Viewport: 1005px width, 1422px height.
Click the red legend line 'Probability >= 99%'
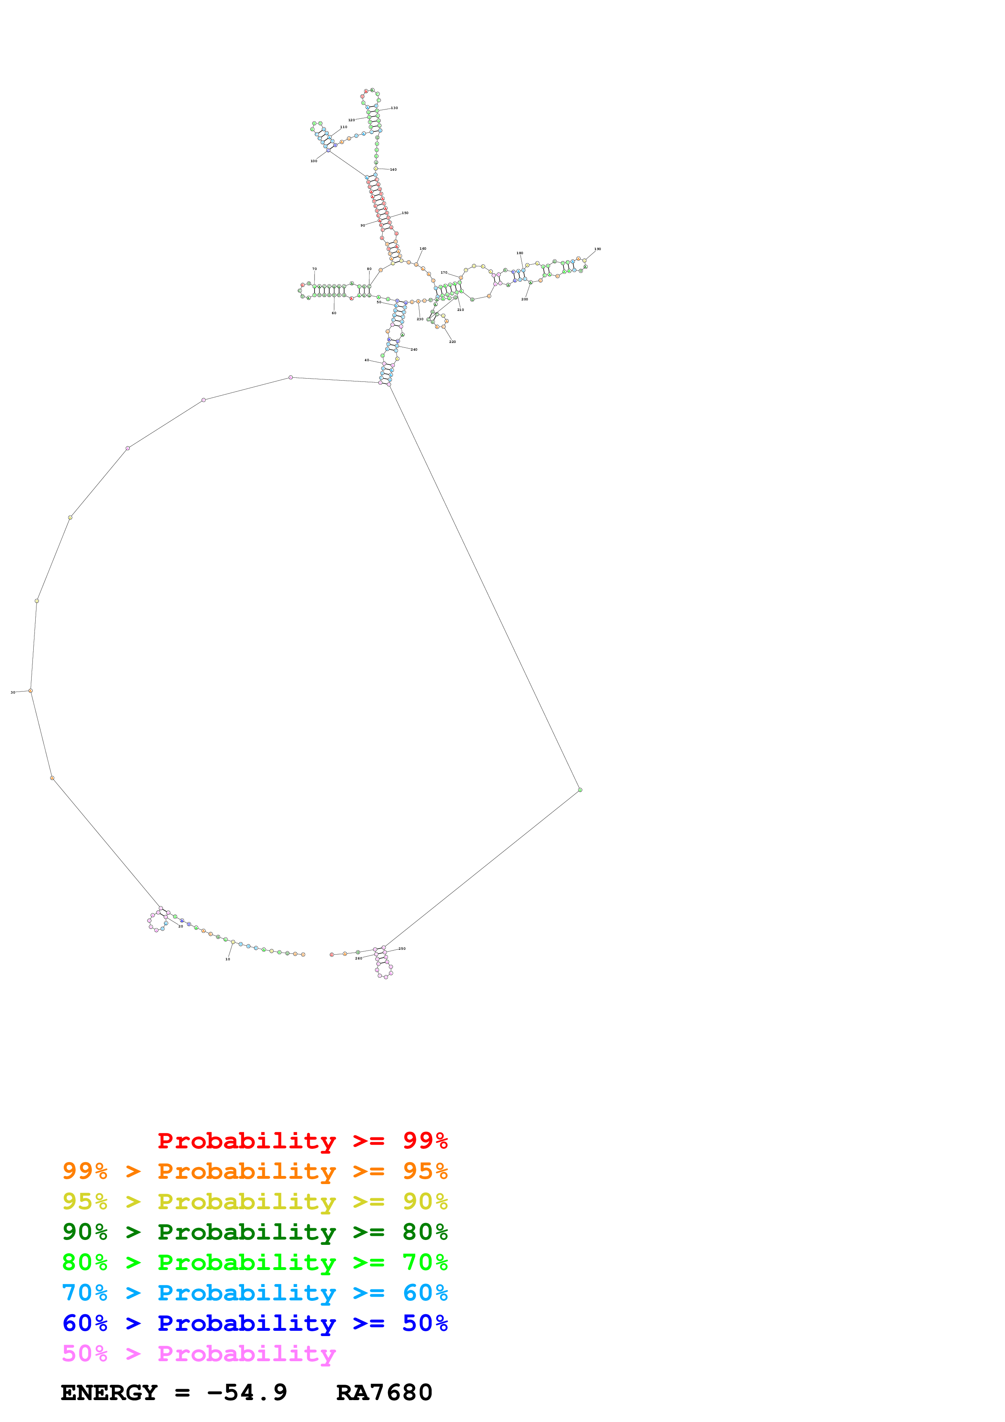point(302,1141)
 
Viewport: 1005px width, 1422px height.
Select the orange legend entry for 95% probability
point(255,1171)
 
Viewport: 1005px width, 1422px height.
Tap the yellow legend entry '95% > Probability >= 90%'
point(255,1201)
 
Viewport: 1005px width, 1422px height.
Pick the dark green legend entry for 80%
point(255,1232)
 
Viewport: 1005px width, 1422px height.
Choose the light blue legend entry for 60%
point(255,1293)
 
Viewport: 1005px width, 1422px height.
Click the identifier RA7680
point(384,1392)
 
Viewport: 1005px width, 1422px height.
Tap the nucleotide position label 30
point(13,692)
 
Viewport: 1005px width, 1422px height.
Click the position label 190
point(598,249)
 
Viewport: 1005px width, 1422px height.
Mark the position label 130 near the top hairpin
point(394,108)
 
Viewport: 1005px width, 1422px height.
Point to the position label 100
point(314,161)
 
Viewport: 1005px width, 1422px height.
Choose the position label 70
point(315,269)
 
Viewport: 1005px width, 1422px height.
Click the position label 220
point(453,342)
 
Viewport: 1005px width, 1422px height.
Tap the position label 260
point(358,958)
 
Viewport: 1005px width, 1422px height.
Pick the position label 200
point(525,299)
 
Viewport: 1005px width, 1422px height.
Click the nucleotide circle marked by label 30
point(30,691)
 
